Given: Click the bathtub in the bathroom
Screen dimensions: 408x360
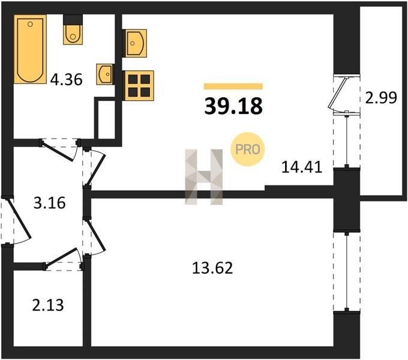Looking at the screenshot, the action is [30, 49].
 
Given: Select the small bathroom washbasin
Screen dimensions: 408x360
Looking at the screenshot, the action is [105, 74].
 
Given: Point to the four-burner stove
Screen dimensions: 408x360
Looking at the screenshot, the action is [139, 86].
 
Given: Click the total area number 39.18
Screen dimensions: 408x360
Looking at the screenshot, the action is [233, 106].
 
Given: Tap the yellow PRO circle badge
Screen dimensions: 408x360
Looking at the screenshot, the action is [247, 149].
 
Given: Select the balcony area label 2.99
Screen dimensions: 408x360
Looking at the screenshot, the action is [381, 98].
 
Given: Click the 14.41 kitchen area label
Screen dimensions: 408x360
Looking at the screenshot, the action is [302, 167].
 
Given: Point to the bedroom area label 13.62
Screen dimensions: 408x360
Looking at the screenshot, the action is [212, 268].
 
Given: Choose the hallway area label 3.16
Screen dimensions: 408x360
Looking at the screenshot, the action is [49, 203].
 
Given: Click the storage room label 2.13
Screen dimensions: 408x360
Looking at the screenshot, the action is [48, 305].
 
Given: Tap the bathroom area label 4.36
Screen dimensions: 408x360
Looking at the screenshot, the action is [67, 79].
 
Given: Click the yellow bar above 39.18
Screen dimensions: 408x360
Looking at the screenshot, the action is [233, 86].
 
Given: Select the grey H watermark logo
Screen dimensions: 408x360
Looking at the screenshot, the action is [204, 177].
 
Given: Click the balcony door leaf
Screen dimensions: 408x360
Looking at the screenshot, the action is [338, 92].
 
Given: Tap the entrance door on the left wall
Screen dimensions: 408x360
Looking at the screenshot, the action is [20, 218].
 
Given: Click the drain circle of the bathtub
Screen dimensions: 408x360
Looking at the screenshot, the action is [30, 24].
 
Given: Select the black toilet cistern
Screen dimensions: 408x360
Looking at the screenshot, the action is [73, 20].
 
